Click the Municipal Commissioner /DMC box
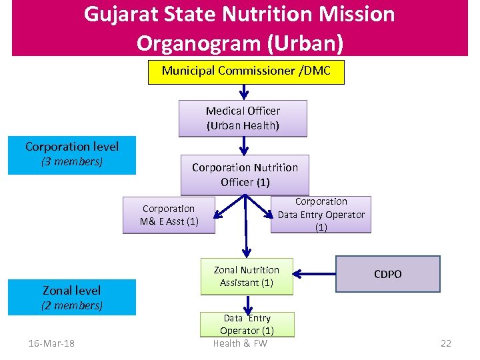[x=246, y=71]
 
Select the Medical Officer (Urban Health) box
[x=243, y=118]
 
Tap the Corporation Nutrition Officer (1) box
[x=245, y=175]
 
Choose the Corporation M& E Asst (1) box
[x=169, y=215]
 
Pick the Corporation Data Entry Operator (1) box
[x=321, y=214]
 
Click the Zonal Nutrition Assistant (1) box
[x=246, y=276]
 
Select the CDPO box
[x=387, y=274]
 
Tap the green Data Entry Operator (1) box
[x=247, y=324]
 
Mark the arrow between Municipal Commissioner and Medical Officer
[x=244, y=92]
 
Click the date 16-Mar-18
[x=51, y=343]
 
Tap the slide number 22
[x=445, y=343]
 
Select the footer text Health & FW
[x=240, y=343]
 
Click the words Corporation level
[x=72, y=147]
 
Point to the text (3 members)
[x=72, y=162]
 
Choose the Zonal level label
[x=72, y=290]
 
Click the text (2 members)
[x=72, y=305]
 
